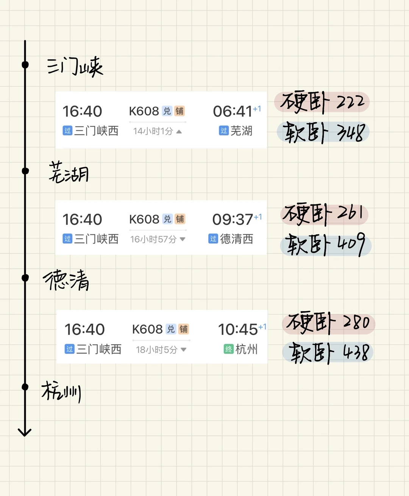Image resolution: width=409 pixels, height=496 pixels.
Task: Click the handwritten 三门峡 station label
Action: [x=75, y=67]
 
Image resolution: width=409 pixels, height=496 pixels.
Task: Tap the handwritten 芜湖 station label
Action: [x=69, y=173]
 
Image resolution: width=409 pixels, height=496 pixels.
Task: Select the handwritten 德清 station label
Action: [x=66, y=281]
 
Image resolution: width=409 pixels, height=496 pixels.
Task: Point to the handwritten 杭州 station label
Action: [x=61, y=391]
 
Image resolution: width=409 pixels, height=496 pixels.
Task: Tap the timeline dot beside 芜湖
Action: [x=25, y=171]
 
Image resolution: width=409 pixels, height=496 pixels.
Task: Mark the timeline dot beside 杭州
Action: [x=25, y=387]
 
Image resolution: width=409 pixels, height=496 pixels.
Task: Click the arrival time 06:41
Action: [x=233, y=111]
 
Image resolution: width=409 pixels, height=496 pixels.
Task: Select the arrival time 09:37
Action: [x=233, y=220]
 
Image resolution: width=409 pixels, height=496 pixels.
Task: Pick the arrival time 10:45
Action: [x=238, y=329]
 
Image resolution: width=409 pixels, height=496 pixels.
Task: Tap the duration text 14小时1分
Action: [x=153, y=131]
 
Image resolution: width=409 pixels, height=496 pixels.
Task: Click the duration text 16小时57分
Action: [x=153, y=239]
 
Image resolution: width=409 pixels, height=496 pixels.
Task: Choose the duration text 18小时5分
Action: [x=156, y=349]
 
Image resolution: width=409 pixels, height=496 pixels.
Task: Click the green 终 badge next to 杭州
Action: [x=228, y=349]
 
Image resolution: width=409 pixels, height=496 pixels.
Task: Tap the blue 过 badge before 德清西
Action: [x=213, y=239]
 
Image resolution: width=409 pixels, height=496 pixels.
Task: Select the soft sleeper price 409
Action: [x=351, y=244]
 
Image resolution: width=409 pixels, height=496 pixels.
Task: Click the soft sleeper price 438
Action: [x=356, y=352]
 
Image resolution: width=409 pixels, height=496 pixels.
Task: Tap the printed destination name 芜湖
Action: [x=241, y=131]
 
